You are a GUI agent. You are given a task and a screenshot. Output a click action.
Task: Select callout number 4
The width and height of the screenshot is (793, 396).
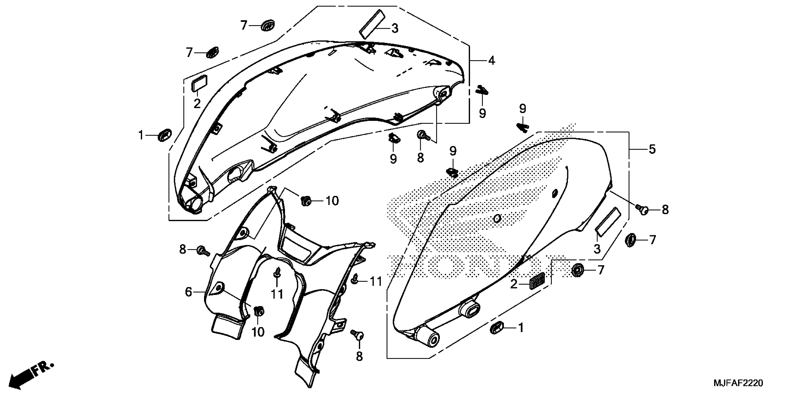tap(492, 61)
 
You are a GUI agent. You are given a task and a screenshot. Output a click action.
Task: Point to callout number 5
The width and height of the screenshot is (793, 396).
tap(652, 149)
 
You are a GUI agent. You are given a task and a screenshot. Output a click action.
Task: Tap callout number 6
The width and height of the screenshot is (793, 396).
tap(188, 292)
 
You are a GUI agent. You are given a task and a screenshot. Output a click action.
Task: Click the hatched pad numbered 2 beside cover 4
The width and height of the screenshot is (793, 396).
tap(199, 83)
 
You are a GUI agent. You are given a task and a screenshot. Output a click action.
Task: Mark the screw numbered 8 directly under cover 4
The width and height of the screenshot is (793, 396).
tap(422, 135)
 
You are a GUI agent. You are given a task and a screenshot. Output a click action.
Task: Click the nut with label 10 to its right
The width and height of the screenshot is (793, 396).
tap(306, 201)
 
